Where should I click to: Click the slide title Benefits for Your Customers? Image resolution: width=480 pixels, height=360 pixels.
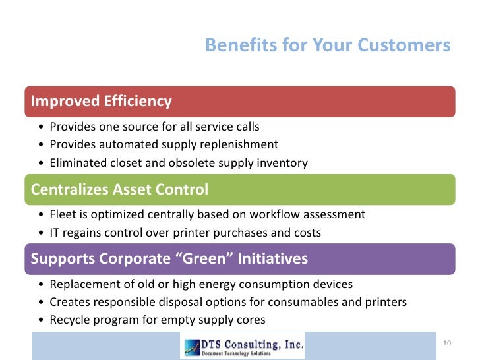(x=328, y=45)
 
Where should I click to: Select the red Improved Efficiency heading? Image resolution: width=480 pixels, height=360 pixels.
(x=102, y=102)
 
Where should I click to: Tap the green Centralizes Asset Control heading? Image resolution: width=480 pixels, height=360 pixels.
(x=119, y=190)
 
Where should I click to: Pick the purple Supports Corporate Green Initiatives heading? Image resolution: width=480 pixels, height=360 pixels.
(x=169, y=259)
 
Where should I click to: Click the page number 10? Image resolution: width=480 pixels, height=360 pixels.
(x=446, y=344)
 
